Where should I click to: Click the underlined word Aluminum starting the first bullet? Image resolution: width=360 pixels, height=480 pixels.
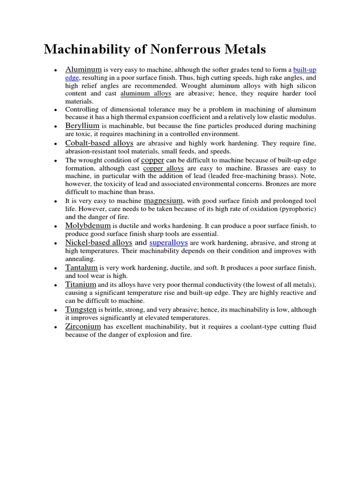[x=83, y=69]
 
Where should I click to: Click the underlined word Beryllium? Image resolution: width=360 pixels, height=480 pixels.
[x=82, y=126]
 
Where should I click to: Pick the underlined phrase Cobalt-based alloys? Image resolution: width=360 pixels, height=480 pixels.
[x=99, y=142]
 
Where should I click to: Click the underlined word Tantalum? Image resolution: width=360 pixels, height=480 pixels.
[x=82, y=267]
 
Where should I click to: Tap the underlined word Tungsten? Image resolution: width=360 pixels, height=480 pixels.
[x=81, y=309]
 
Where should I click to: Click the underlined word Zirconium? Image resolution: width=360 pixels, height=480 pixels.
[x=83, y=326]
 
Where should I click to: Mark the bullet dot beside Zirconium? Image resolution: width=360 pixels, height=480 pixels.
[x=55, y=328]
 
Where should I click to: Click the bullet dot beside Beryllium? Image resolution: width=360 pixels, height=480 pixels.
[x=55, y=127]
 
